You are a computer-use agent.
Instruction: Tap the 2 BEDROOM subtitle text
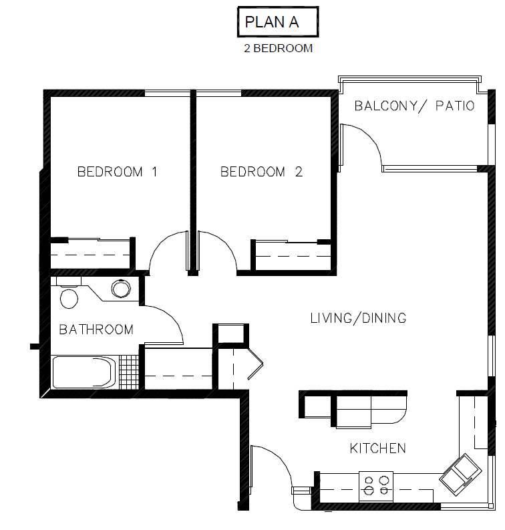coord(279,49)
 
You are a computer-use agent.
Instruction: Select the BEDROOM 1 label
coord(118,172)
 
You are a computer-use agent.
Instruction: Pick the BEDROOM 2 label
coord(262,172)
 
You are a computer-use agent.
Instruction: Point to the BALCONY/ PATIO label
coord(414,106)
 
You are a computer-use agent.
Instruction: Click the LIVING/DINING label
coord(358,318)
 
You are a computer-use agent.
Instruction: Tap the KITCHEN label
coord(377,448)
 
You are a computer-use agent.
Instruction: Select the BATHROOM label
coord(96,329)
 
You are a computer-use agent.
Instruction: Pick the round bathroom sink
coord(121,289)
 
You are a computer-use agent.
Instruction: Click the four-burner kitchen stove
coord(375,485)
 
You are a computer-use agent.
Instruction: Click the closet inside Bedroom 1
coord(91,256)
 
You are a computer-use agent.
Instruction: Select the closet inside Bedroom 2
coord(291,256)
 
